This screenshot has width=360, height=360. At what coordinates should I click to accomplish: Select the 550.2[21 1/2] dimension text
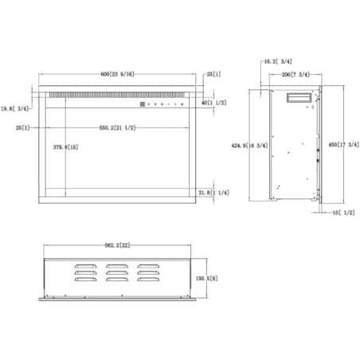tap(116, 127)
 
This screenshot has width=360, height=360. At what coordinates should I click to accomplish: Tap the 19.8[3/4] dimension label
tap(15, 108)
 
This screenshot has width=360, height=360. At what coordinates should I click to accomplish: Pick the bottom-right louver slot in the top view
tap(147, 280)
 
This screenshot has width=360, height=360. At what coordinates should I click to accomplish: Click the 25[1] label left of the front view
tap(22, 127)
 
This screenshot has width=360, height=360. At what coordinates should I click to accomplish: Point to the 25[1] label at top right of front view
tap(213, 74)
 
